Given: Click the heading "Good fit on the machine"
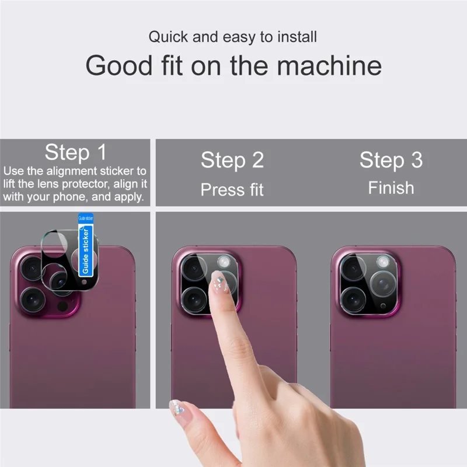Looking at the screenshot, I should (233, 65).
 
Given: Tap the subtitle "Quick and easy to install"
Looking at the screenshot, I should (232, 37).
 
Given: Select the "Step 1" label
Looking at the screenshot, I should (75, 153).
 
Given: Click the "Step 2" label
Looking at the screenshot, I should (232, 160).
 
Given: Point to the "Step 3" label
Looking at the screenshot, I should (391, 160).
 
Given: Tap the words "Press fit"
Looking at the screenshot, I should (232, 190).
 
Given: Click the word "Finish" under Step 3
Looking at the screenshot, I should (391, 188).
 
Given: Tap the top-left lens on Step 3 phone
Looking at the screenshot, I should (353, 267).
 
